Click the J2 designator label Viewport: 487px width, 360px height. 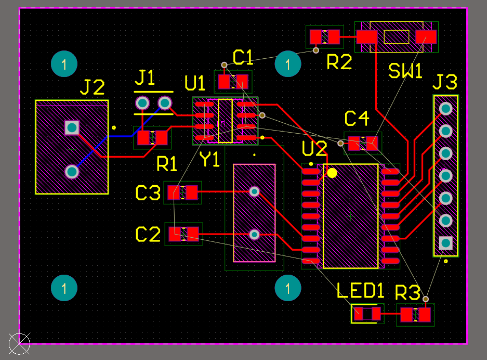(x=92, y=87)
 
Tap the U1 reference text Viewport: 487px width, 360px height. (x=195, y=83)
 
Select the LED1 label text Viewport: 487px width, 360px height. (x=360, y=290)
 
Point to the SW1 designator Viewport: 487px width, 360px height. (x=405, y=71)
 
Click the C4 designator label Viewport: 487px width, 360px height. (x=357, y=119)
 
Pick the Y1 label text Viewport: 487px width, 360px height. (x=209, y=160)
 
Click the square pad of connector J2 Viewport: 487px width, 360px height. (x=72, y=128)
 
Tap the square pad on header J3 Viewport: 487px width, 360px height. (x=446, y=243)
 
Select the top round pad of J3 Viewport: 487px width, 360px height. (x=446, y=109)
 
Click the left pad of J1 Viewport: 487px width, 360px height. (x=142, y=103)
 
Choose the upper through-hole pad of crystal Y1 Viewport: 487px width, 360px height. (x=254, y=191)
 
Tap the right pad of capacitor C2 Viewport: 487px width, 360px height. (x=193, y=234)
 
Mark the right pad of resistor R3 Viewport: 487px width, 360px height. (x=425, y=315)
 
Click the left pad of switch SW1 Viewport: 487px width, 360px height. (x=367, y=37)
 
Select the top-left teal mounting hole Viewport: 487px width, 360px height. (x=64, y=64)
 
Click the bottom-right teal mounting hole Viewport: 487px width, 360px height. (x=288, y=288)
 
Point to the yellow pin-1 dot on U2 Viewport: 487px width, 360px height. (x=332, y=173)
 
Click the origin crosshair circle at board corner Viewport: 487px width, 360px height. (x=19, y=344)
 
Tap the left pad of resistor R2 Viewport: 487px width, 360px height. (x=315, y=37)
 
